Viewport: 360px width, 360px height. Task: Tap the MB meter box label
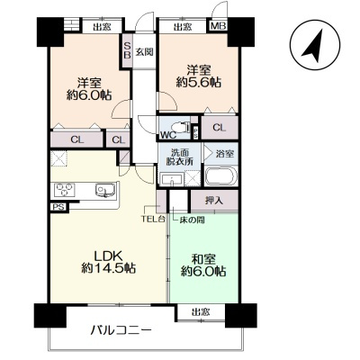pyautogui.click(x=218, y=27)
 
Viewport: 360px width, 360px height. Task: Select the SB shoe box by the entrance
pyautogui.click(x=128, y=50)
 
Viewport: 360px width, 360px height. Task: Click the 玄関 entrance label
pyautogui.click(x=144, y=52)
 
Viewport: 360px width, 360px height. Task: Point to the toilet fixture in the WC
pyautogui.click(x=181, y=127)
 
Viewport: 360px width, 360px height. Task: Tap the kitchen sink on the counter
pyautogui.click(x=104, y=190)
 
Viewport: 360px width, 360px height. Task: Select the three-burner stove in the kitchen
pyautogui.click(x=65, y=190)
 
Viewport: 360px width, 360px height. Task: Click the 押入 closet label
pyautogui.click(x=214, y=201)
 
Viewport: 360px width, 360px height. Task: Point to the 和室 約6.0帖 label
pyautogui.click(x=203, y=265)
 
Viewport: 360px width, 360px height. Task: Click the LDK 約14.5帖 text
pyautogui.click(x=109, y=262)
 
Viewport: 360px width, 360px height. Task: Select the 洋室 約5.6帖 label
pyautogui.click(x=199, y=76)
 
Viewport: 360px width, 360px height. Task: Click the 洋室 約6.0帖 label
pyautogui.click(x=89, y=89)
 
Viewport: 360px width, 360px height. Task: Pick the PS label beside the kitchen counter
pyautogui.click(x=58, y=207)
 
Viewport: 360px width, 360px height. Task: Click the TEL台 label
pyautogui.click(x=153, y=220)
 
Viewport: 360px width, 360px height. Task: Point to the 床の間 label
pyautogui.click(x=193, y=220)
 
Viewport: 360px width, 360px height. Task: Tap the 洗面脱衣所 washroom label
pyautogui.click(x=180, y=157)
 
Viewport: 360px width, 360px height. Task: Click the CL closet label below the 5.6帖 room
pyautogui.click(x=220, y=128)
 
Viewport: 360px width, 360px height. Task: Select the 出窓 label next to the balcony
pyautogui.click(x=201, y=312)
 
